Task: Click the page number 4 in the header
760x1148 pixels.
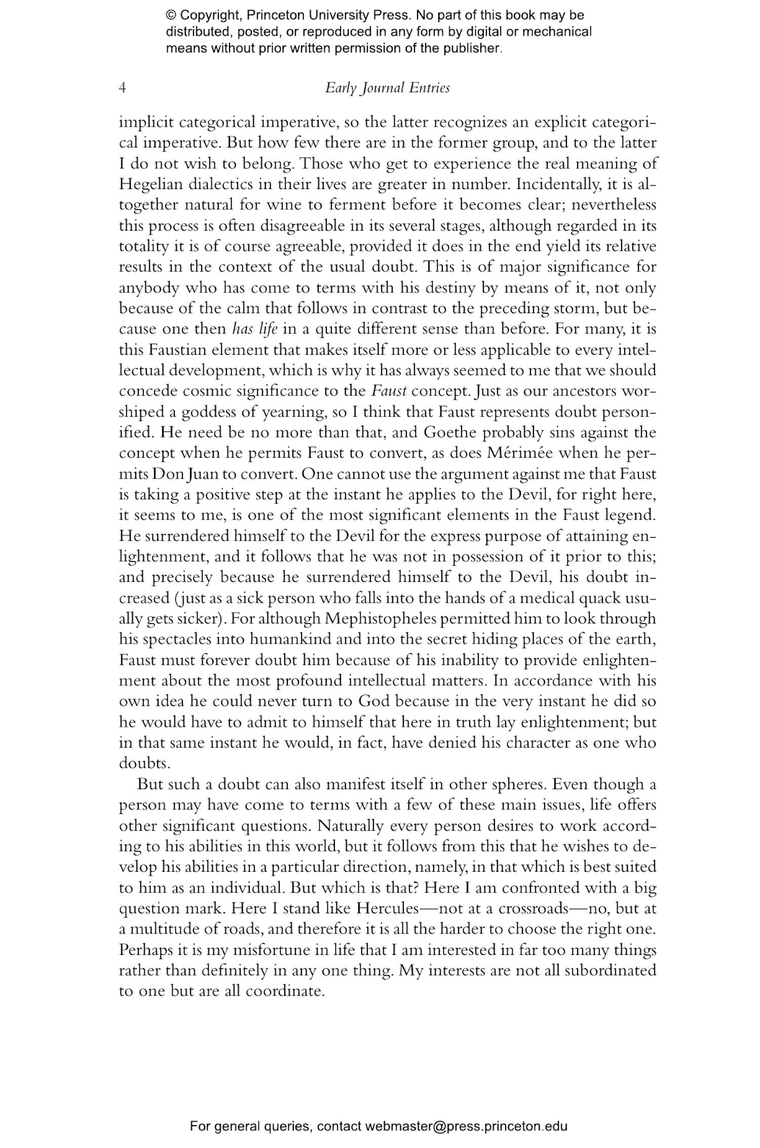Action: click(122, 88)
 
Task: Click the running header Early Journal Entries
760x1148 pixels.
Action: click(388, 88)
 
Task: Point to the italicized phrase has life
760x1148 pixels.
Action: click(255, 329)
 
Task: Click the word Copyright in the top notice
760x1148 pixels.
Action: click(209, 15)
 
